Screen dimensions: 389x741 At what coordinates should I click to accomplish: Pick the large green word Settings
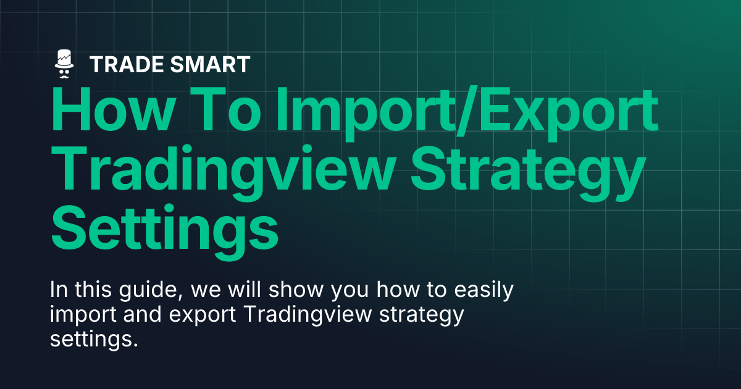click(x=164, y=228)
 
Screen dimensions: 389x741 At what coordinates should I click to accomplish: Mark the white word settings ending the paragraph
click(x=93, y=340)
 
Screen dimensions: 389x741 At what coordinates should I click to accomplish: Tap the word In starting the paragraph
click(x=58, y=291)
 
